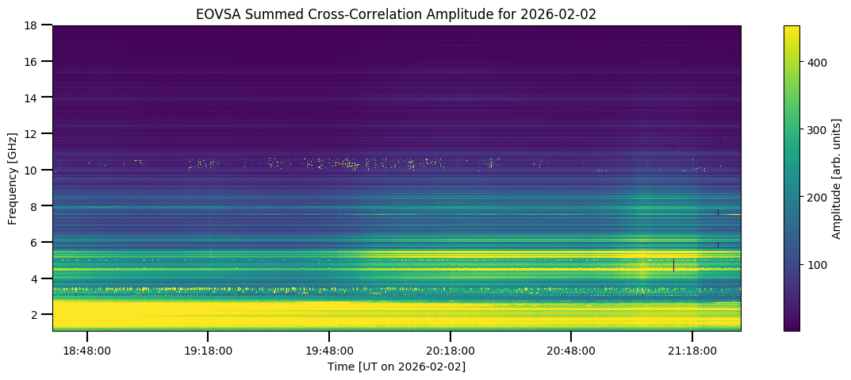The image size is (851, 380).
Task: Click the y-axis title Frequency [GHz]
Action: pos(13,178)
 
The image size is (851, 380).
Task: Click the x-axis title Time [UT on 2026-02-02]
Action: pos(397,367)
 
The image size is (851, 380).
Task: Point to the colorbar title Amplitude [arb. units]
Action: pos(837,178)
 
